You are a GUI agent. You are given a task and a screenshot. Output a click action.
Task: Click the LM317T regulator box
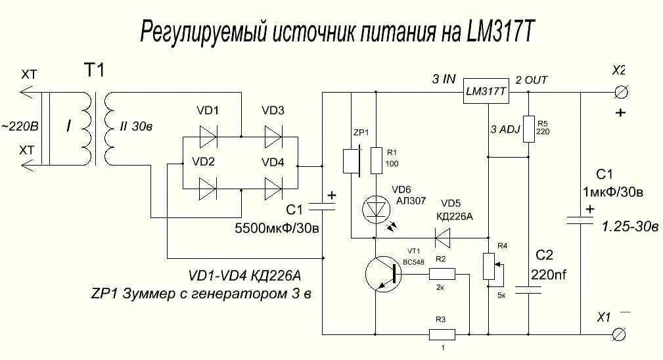(486, 93)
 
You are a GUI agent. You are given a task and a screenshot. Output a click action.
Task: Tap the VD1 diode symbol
(208, 137)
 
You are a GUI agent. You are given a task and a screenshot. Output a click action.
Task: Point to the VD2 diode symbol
(208, 189)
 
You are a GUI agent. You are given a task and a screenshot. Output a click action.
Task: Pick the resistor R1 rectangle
(375, 160)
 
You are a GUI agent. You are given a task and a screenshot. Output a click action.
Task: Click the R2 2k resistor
(442, 273)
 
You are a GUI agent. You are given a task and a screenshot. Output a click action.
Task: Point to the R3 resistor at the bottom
(442, 334)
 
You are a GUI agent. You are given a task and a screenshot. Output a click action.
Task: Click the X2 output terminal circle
(618, 92)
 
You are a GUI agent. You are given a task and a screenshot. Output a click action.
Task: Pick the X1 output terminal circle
(618, 334)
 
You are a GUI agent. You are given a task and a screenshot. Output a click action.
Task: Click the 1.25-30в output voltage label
(630, 227)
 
